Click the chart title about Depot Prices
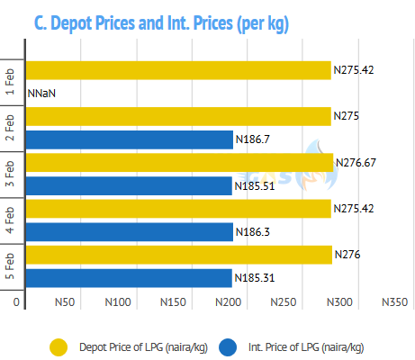(161, 23)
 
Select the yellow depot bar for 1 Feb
(178, 70)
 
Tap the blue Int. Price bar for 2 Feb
(130, 139)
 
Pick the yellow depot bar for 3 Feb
(179, 163)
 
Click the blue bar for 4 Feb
(130, 232)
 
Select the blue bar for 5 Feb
(129, 278)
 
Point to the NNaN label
(41, 94)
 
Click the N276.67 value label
(356, 163)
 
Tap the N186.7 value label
(253, 139)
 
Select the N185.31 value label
(255, 278)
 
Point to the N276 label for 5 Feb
(347, 255)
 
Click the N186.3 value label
(253, 232)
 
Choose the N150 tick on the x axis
(173, 302)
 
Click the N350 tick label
(394, 302)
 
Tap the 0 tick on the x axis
(16, 302)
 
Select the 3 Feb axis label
(10, 174)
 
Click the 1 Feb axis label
(10, 82)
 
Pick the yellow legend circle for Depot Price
(59, 347)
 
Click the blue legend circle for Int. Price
(228, 347)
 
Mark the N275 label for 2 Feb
(347, 116)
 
